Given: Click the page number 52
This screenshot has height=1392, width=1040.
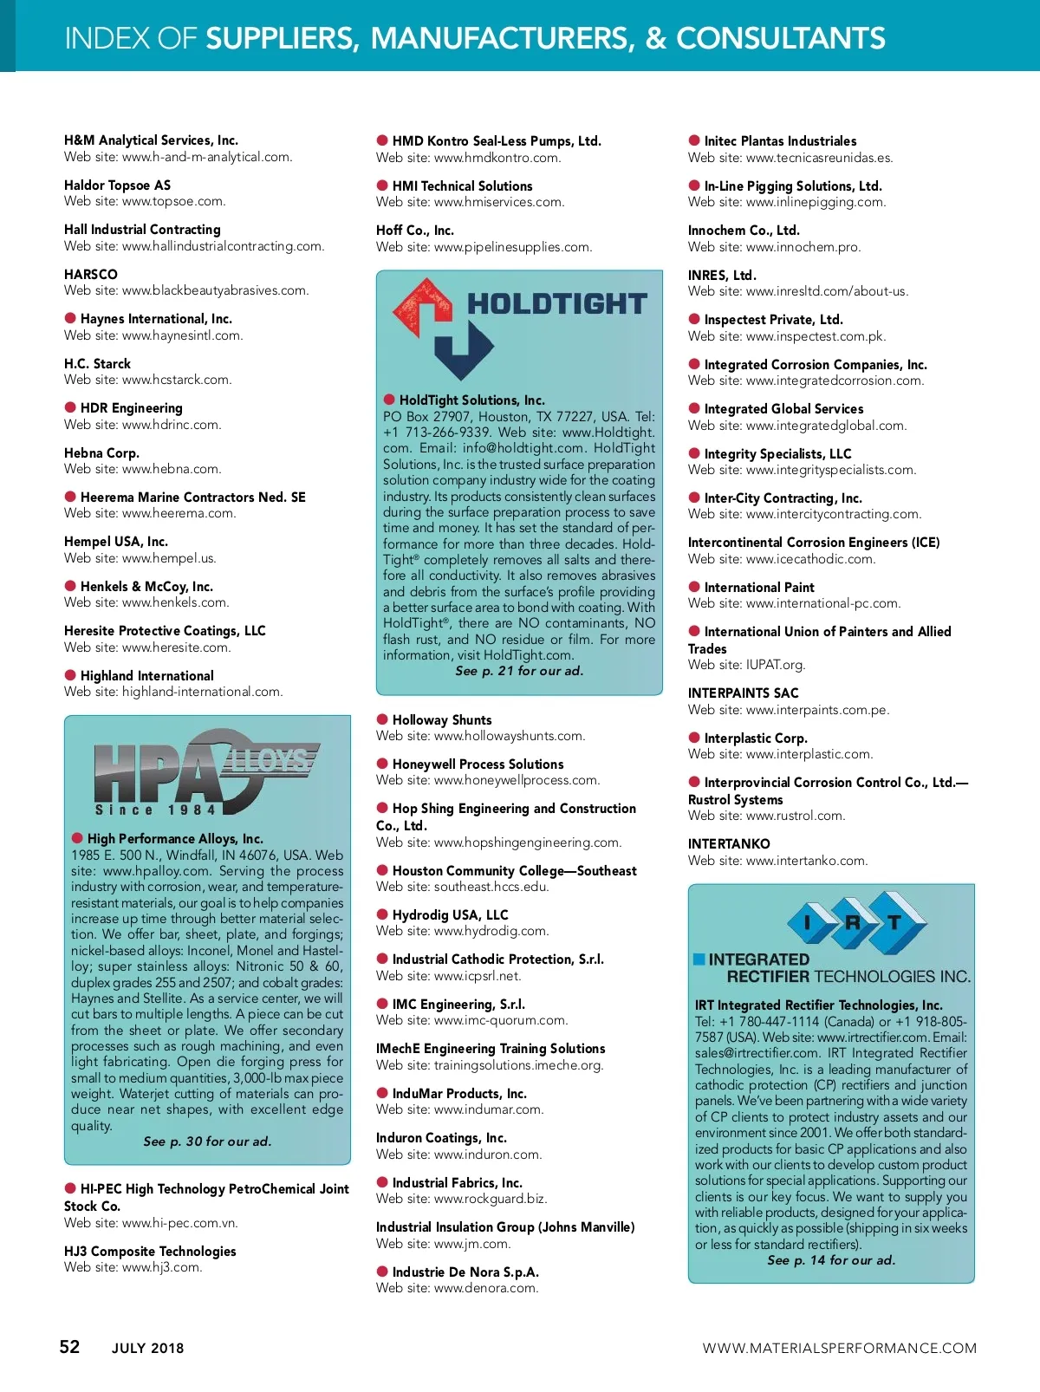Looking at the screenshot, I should (69, 1346).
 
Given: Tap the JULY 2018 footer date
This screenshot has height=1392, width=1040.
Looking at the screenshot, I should (147, 1348).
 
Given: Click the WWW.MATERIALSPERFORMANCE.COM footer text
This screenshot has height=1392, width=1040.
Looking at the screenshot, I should (839, 1348).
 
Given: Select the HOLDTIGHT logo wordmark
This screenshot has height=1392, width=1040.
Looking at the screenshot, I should (556, 304).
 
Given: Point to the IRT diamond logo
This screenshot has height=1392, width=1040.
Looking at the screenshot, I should (854, 921).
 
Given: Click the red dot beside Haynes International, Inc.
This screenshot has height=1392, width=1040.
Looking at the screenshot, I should (70, 318).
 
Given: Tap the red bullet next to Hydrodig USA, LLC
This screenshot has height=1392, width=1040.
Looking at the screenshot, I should (382, 914).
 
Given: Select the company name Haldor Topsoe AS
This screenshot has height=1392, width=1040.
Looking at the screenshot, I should (117, 185).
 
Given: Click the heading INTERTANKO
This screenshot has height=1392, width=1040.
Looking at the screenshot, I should (728, 843).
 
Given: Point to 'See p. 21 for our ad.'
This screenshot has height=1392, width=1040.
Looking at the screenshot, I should (519, 671).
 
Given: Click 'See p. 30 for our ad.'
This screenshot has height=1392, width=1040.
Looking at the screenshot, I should (207, 1142).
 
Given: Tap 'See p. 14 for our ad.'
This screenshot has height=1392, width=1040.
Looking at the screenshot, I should (831, 1260).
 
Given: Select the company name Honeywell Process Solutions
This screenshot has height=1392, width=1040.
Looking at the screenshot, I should (478, 764).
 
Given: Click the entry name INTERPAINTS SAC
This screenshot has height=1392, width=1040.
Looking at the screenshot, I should (743, 693).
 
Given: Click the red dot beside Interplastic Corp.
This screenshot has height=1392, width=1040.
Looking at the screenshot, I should (694, 737).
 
